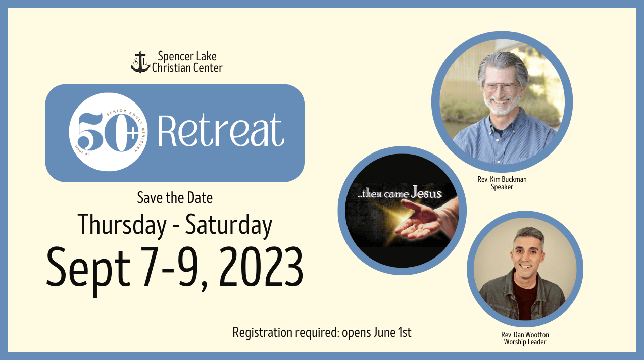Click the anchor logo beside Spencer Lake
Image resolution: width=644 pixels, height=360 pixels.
click(140, 62)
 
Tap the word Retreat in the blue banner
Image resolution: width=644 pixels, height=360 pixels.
click(221, 130)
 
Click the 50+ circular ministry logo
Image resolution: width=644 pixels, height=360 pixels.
click(109, 132)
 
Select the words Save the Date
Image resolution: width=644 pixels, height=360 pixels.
click(175, 197)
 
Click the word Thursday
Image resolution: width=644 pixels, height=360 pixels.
click(122, 225)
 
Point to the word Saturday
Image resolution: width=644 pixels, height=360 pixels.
click(229, 225)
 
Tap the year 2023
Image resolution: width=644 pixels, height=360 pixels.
click(261, 267)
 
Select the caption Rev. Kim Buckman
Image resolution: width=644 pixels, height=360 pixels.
click(502, 179)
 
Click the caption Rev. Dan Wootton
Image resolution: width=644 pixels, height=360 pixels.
click(525, 335)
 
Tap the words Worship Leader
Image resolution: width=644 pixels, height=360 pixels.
click(525, 342)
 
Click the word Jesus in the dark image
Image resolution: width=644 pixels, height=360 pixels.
click(426, 192)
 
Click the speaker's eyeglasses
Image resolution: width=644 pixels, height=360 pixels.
click(501, 87)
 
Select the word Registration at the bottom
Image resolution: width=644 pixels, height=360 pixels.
click(263, 333)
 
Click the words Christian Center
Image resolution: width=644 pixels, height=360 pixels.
click(187, 68)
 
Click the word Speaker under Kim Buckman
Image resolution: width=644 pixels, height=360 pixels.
click(502, 187)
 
